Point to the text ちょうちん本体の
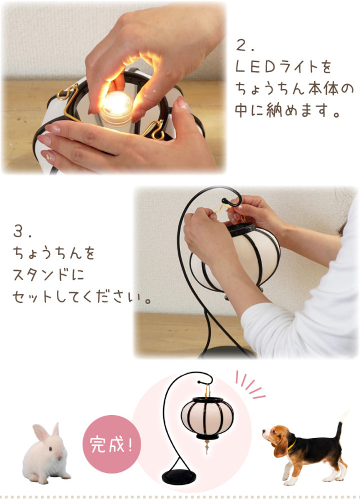point(294,88)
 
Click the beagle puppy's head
point(276,437)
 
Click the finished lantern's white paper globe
point(207,416)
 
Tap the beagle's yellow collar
point(291,448)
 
